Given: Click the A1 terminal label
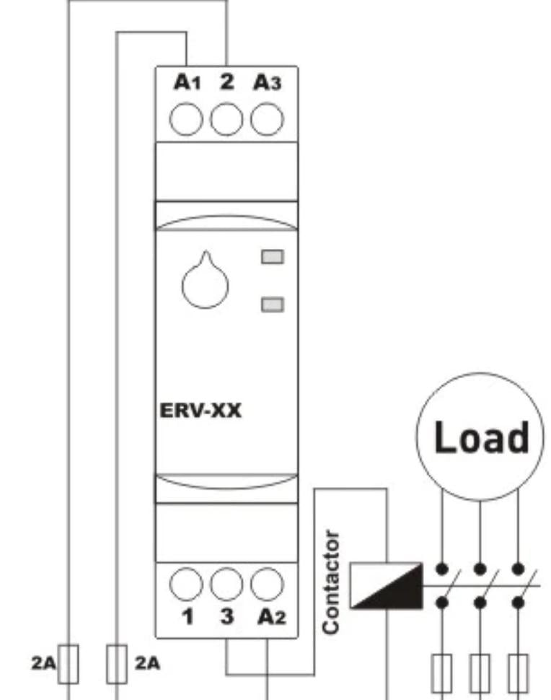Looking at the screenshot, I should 185,83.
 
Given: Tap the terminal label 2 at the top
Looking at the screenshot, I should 227,82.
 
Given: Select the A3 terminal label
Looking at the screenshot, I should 266,83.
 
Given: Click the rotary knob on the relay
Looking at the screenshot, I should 204,281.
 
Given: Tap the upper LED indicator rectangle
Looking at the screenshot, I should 272,256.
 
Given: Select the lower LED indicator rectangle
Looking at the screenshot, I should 272,304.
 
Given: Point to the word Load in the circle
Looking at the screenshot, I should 481,438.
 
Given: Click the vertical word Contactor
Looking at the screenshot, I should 331,582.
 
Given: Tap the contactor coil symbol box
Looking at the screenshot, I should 385,585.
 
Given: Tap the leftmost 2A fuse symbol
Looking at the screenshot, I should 70,662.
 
